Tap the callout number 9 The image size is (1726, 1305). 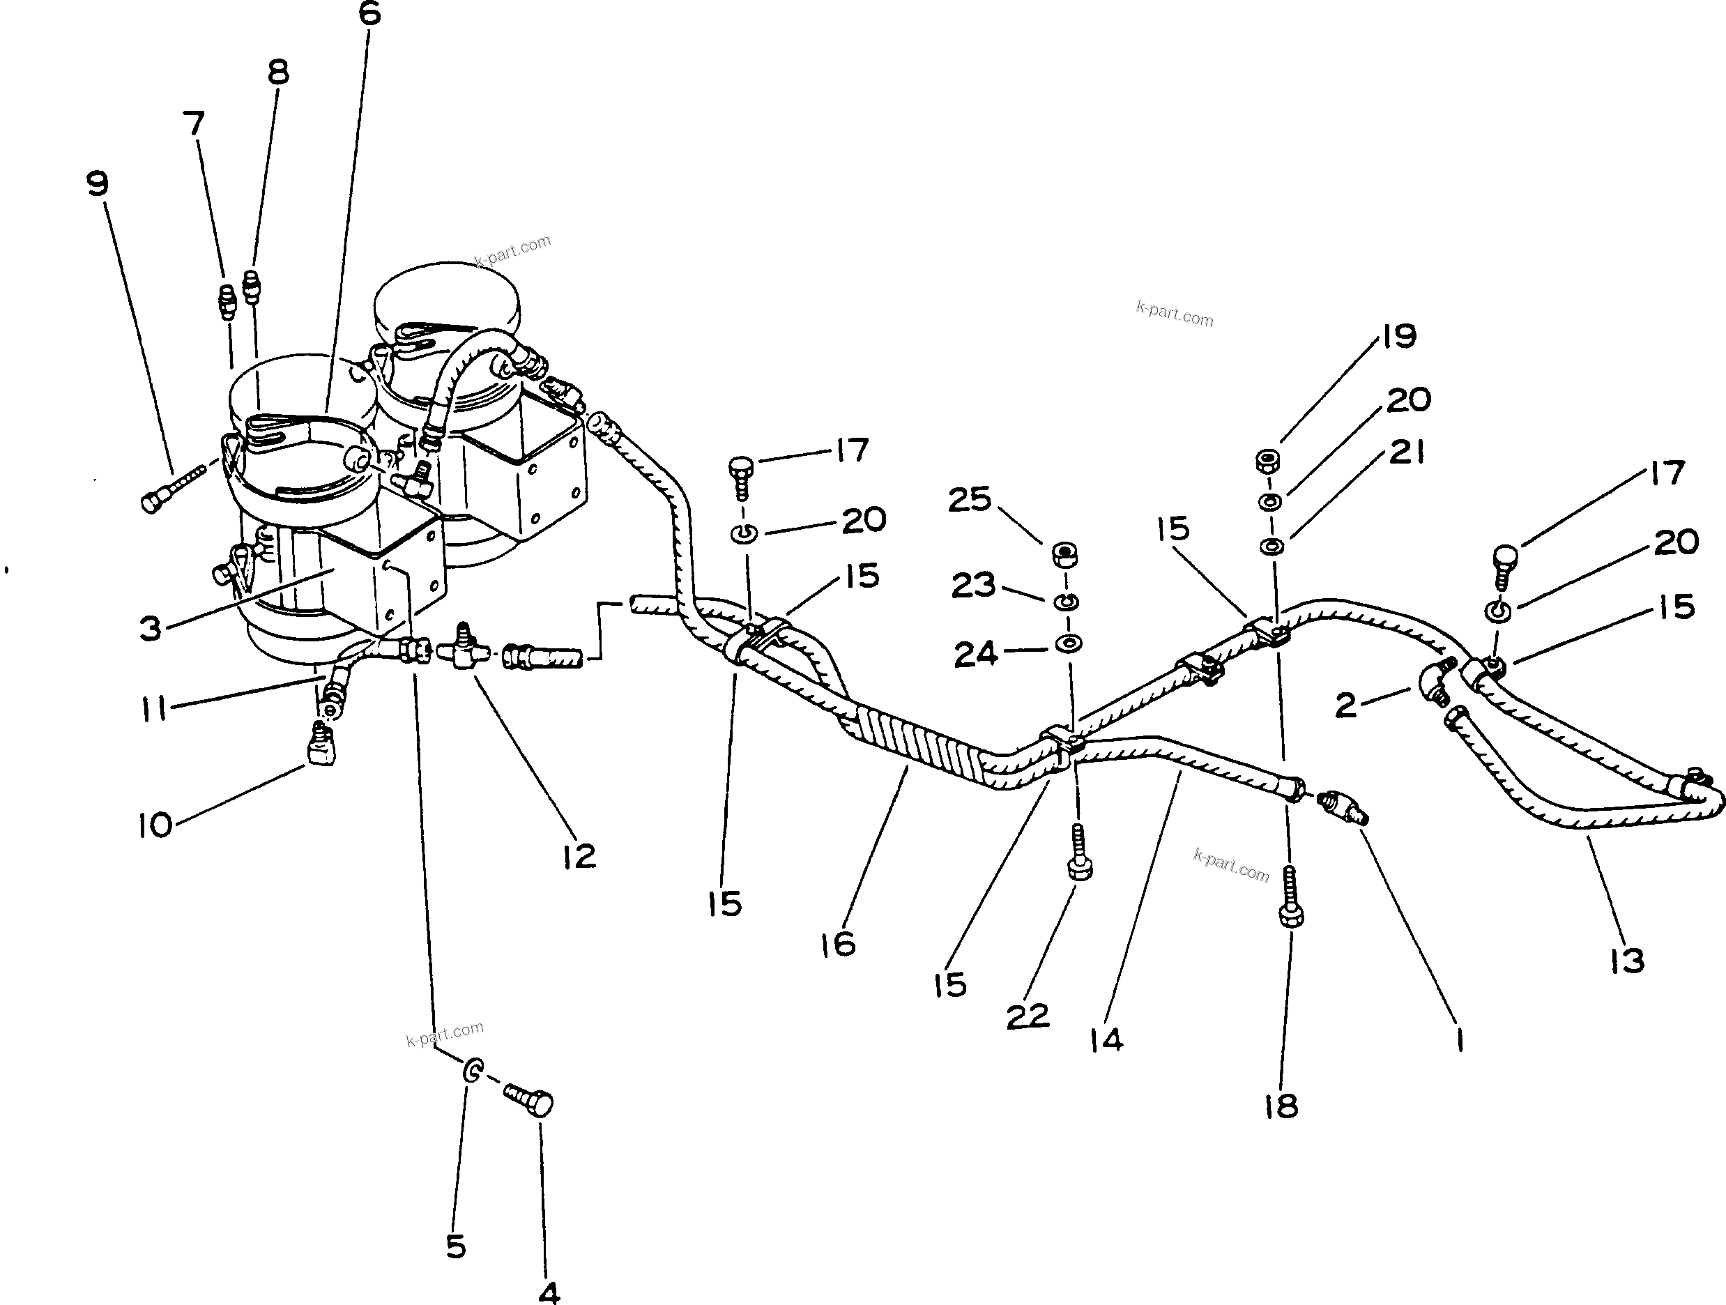pyautogui.click(x=98, y=185)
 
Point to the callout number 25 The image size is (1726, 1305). pyautogui.click(x=969, y=500)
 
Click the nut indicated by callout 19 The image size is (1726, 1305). pyautogui.click(x=1267, y=461)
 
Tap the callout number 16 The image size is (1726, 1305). pyautogui.click(x=838, y=945)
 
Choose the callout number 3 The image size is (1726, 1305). pyautogui.click(x=150, y=627)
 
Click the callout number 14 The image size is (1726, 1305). pyautogui.click(x=1106, y=1039)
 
